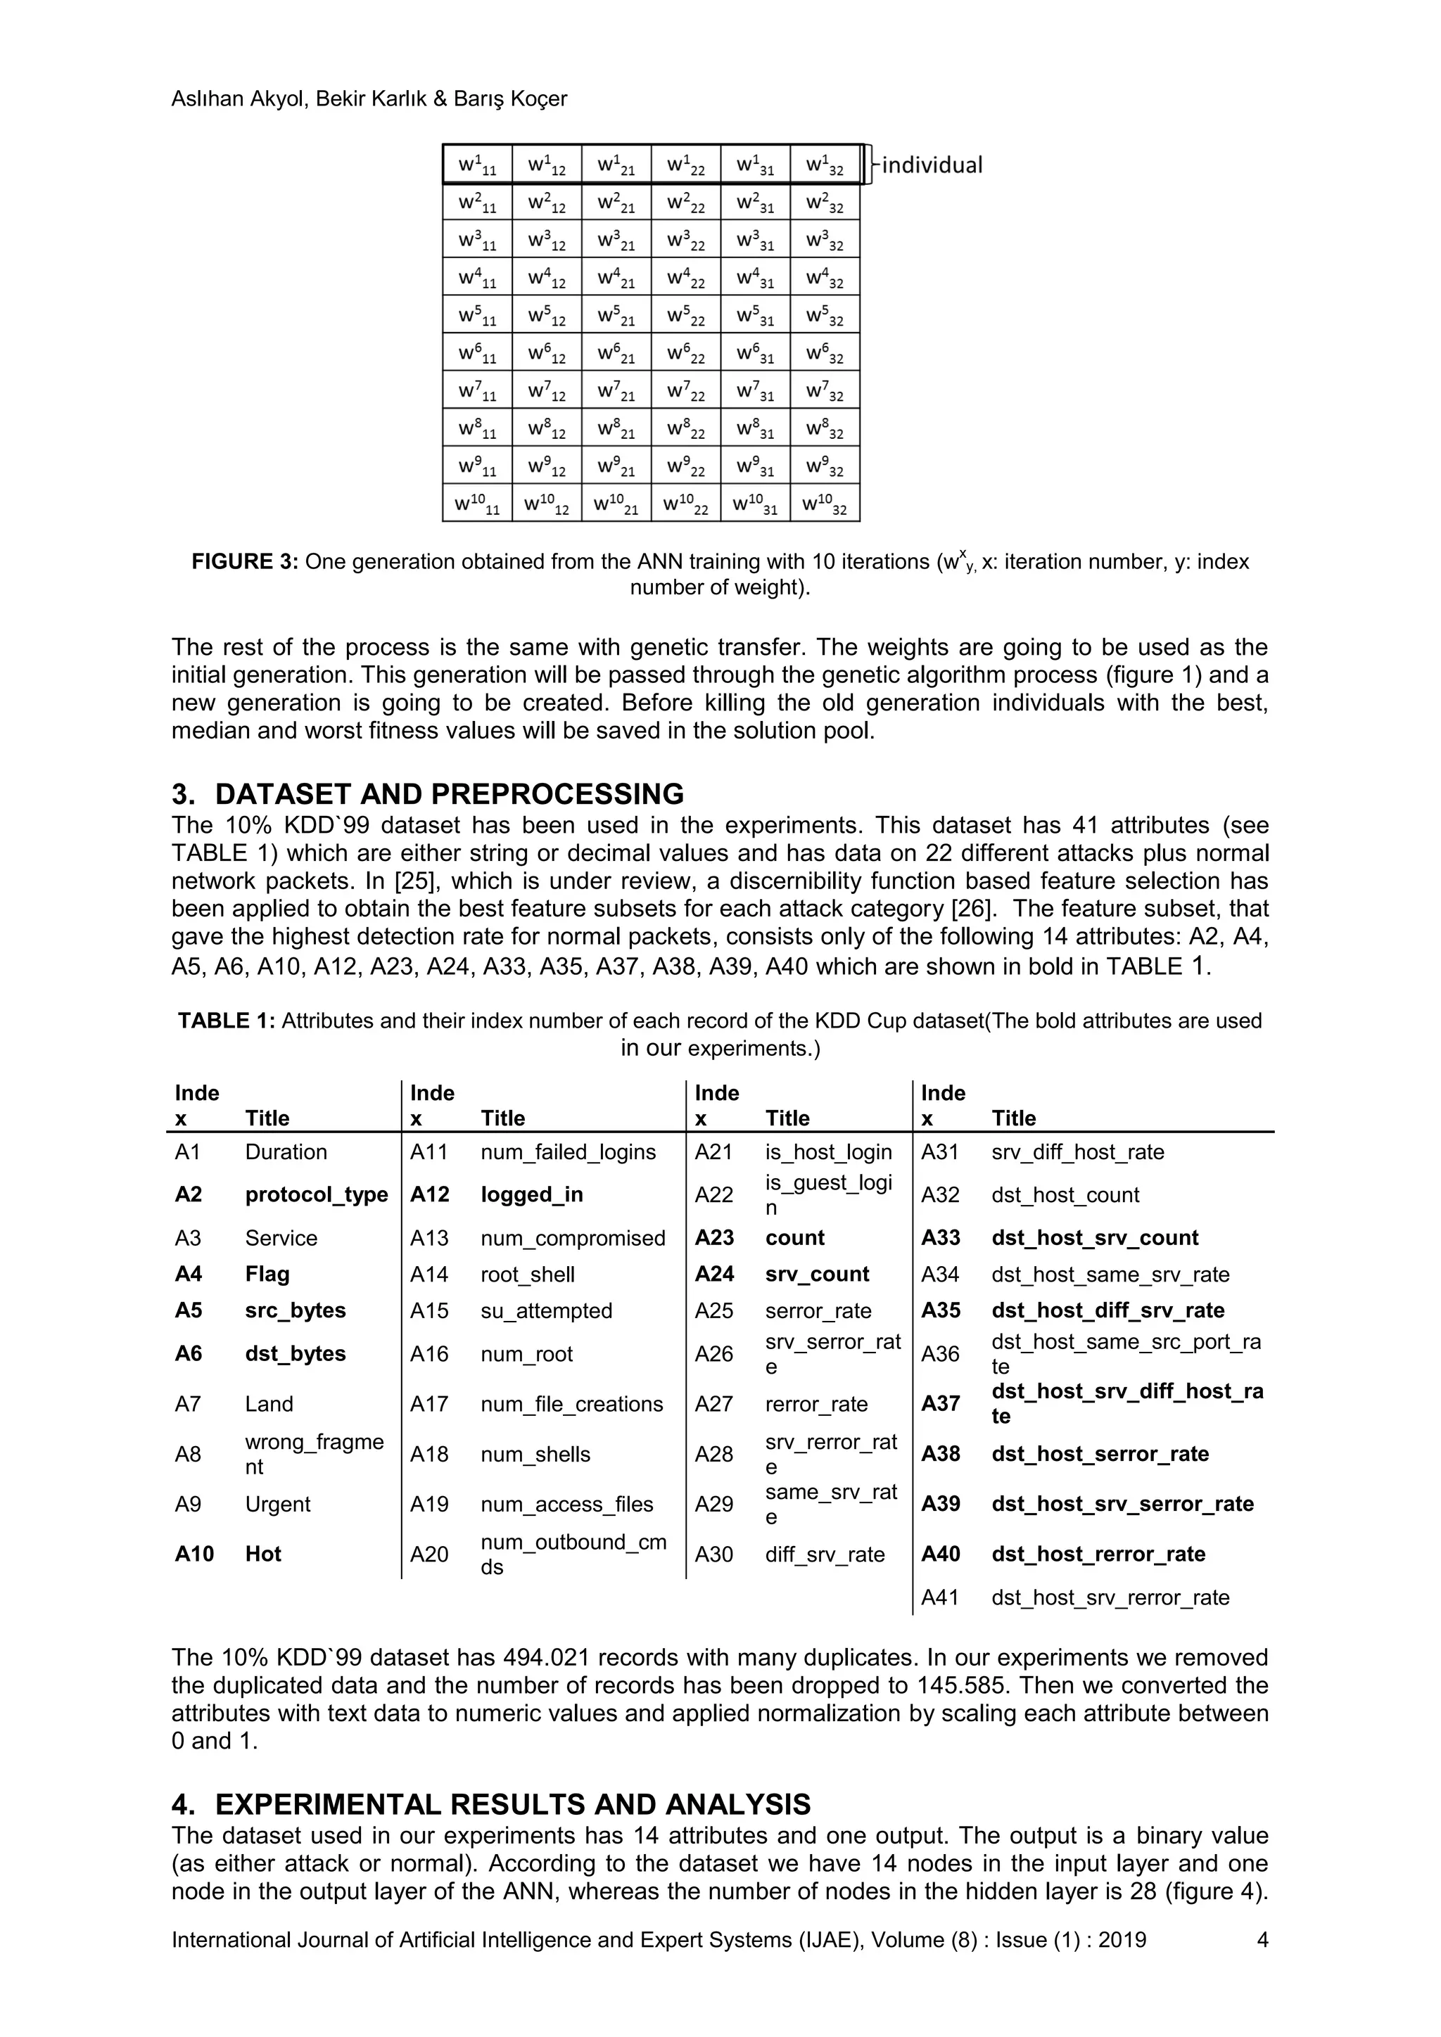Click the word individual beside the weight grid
(x=932, y=165)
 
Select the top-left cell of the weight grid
(x=477, y=165)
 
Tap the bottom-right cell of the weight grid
(x=825, y=504)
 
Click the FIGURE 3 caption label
(x=245, y=561)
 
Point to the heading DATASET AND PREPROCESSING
(x=449, y=793)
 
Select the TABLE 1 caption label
(x=227, y=1021)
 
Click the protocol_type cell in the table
(x=316, y=1194)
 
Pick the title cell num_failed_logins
(x=568, y=1151)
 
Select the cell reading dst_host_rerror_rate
(x=1098, y=1554)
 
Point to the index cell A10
(x=193, y=1554)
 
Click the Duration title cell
(x=286, y=1151)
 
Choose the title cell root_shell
(x=527, y=1274)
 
